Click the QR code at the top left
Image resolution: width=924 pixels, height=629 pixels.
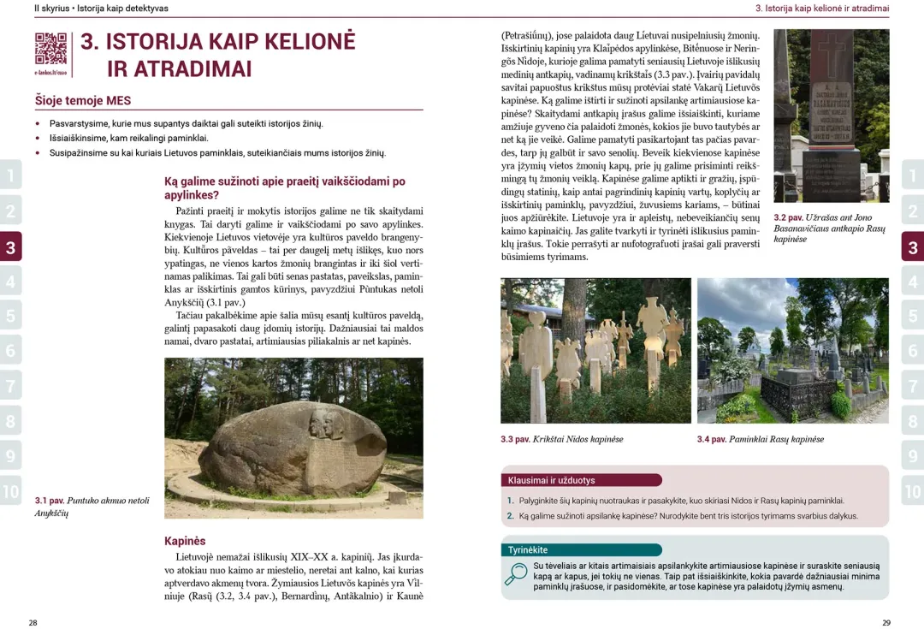click(50, 49)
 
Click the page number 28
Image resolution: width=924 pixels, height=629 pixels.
click(33, 622)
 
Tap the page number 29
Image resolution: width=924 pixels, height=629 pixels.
click(886, 622)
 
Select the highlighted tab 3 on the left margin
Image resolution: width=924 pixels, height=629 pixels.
click(10, 248)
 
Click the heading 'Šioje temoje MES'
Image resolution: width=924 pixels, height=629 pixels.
click(83, 101)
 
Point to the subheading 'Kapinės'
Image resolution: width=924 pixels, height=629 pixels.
click(185, 541)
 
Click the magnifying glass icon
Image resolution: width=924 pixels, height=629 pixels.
click(516, 573)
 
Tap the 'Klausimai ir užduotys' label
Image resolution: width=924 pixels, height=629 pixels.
click(552, 480)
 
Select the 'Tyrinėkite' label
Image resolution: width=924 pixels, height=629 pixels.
click(528, 549)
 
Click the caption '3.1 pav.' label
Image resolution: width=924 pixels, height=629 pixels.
click(50, 501)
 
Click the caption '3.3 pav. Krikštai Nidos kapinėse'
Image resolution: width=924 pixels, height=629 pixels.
click(561, 439)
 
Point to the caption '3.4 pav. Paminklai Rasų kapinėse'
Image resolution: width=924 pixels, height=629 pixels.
click(760, 439)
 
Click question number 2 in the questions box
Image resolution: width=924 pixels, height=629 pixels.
click(510, 516)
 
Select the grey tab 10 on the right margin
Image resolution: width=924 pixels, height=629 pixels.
click(913, 491)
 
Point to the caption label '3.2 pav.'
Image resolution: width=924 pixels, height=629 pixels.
click(788, 217)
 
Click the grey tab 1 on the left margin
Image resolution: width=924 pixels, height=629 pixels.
click(10, 177)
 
